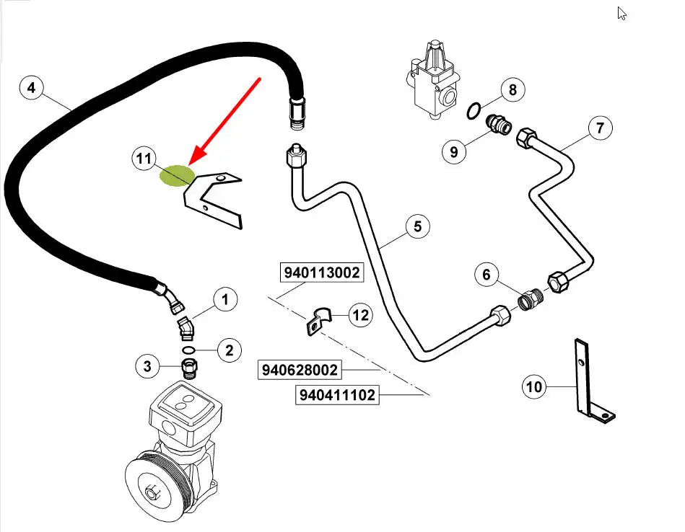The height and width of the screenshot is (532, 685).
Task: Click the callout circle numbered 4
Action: [x=30, y=89]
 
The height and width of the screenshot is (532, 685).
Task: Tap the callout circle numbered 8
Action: [x=512, y=90]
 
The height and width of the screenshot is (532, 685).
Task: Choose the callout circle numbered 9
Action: [x=454, y=152]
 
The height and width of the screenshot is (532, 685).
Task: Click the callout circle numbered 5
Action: [x=487, y=275]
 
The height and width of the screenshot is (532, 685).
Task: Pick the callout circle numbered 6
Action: [x=417, y=227]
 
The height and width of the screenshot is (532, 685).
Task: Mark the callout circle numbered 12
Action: [x=361, y=314]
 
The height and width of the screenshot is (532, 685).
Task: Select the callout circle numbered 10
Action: [x=534, y=387]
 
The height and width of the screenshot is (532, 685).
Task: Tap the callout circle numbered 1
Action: [x=224, y=298]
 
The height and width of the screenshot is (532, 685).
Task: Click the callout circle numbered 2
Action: [x=230, y=351]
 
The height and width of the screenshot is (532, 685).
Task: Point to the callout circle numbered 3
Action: [x=147, y=366]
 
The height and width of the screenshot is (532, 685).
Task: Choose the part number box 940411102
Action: [x=336, y=395]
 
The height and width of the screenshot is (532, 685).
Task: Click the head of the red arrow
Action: [x=191, y=165]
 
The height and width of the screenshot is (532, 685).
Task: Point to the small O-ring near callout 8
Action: [x=474, y=110]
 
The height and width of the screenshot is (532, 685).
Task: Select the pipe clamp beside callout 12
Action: [x=316, y=319]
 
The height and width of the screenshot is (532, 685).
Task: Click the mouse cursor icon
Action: [x=621, y=13]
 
